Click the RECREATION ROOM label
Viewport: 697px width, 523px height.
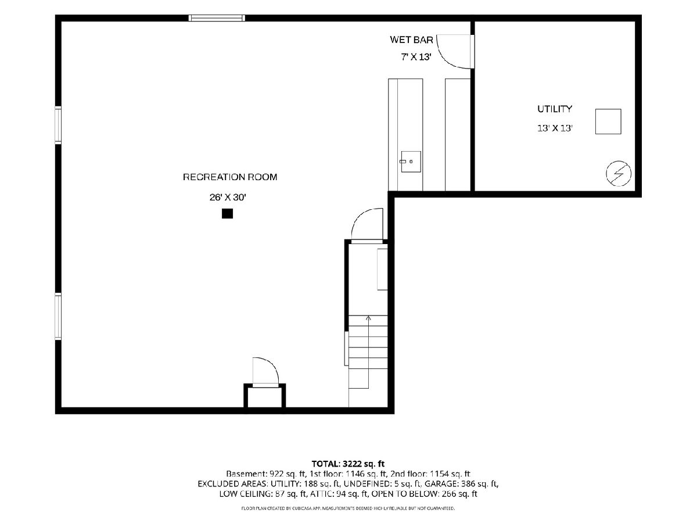tap(230, 177)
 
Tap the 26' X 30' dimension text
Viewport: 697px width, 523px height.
tap(228, 197)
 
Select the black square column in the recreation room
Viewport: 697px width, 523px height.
tap(227, 213)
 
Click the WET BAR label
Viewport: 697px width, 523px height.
tap(411, 40)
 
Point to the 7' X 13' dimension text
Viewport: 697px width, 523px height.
tap(416, 57)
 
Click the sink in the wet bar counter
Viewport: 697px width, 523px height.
tap(411, 162)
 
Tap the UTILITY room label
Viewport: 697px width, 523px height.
tap(555, 109)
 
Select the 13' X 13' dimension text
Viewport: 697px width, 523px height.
tap(555, 128)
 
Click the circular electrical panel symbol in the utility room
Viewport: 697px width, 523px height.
tap(618, 173)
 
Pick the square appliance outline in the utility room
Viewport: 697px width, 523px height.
tap(608, 121)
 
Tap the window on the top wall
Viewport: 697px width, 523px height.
tap(217, 18)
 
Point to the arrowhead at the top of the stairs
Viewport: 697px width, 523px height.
tap(368, 317)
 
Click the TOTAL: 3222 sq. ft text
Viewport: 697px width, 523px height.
tap(348, 464)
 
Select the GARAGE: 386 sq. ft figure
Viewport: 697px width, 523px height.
tap(461, 484)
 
